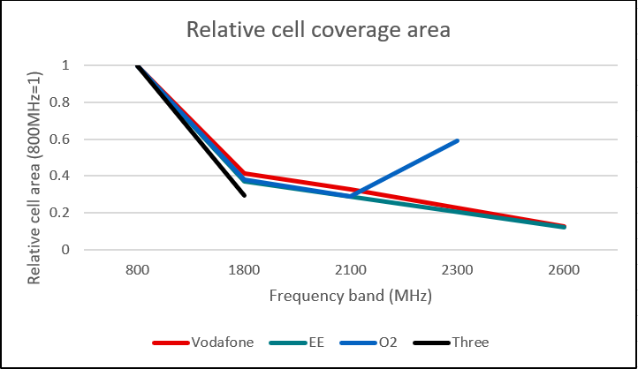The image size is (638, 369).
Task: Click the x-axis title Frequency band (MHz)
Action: [x=351, y=296]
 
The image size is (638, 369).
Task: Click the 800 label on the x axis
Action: [x=138, y=270]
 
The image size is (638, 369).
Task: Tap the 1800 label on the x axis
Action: [x=245, y=270]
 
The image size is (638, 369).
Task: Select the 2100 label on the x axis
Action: [x=351, y=270]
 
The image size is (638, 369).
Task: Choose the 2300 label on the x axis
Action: [x=458, y=270]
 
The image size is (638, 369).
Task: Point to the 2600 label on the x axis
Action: [x=564, y=270]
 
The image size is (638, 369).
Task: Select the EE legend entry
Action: [x=309, y=342]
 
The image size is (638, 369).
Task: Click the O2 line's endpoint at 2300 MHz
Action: [x=458, y=140]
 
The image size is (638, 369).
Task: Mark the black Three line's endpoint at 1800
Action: [x=245, y=195]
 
